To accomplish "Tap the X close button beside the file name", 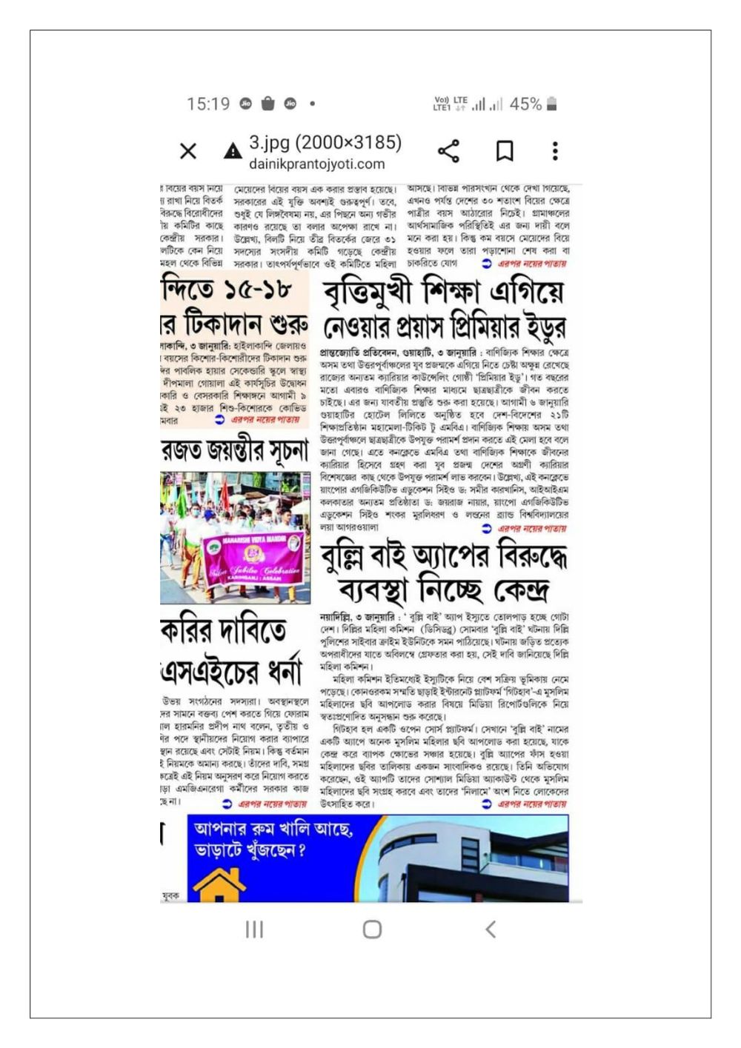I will [188, 151].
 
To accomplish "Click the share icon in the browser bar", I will [448, 151].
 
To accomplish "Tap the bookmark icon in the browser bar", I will [505, 151].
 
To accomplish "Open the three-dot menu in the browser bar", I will [554, 151].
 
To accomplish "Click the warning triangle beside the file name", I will [233, 152].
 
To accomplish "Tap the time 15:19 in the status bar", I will [208, 104].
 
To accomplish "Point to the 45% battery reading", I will [525, 104].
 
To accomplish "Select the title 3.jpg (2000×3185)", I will [325, 142].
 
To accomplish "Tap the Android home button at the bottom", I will [372, 929].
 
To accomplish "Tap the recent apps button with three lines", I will [254, 929].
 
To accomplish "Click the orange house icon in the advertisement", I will [219, 885].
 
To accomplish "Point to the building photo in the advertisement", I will [474, 859].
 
